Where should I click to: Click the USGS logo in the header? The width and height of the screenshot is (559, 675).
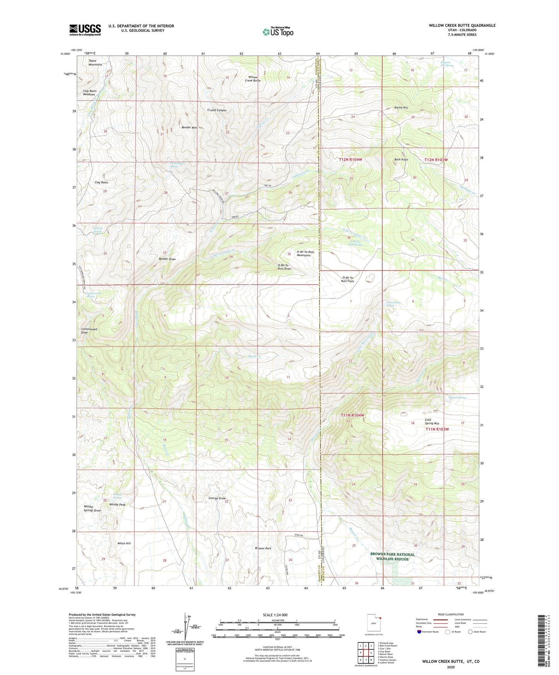click(x=85, y=29)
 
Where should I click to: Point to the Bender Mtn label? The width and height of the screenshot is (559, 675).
click(x=190, y=127)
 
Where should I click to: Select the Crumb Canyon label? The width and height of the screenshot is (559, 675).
click(x=217, y=110)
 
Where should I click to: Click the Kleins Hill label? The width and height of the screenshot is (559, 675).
click(x=401, y=108)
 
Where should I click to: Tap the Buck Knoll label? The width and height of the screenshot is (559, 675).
click(x=401, y=159)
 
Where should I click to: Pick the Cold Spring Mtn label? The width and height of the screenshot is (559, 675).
click(x=432, y=421)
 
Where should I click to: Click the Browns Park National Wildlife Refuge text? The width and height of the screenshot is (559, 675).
click(x=392, y=556)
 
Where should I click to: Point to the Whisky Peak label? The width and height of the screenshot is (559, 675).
click(x=117, y=505)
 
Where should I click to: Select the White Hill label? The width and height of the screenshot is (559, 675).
click(x=124, y=543)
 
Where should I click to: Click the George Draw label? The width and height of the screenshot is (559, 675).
click(x=217, y=498)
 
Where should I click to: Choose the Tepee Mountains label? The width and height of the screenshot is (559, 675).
click(x=95, y=63)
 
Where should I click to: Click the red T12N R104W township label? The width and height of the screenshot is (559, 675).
click(x=350, y=159)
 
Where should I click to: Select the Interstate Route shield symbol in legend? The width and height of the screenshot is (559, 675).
click(x=420, y=632)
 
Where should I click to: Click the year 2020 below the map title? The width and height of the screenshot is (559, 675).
click(x=451, y=667)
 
